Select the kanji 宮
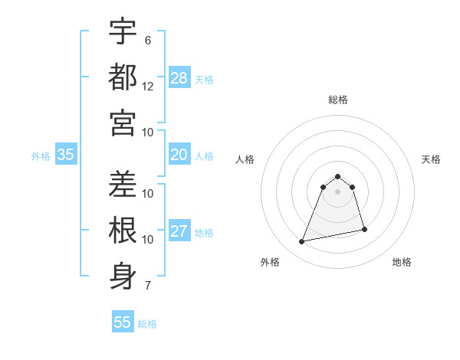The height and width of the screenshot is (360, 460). pos(123,123)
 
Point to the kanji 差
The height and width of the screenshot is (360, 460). pos(123,184)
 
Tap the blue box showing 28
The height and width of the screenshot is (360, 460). pos(179,78)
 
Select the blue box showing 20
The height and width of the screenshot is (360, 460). pos(179,155)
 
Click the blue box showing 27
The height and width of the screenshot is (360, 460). pos(179,231)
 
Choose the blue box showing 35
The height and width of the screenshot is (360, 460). pos(66,155)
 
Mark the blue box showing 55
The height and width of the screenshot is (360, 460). pos(123,322)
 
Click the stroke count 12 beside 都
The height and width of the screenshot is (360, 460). pos(148,87)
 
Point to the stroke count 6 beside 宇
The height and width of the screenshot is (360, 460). pos(148,40)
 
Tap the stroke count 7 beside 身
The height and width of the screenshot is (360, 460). pos(148,286)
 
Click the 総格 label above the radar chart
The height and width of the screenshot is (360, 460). pos(338,100)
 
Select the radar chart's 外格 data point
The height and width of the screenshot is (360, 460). pos(302,242)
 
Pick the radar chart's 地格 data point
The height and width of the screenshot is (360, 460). pos(364,229)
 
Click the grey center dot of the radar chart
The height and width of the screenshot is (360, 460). pos(338,191)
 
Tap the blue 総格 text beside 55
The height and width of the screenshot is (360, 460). pos(147,324)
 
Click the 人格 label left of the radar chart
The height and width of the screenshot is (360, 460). pos(245,159)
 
